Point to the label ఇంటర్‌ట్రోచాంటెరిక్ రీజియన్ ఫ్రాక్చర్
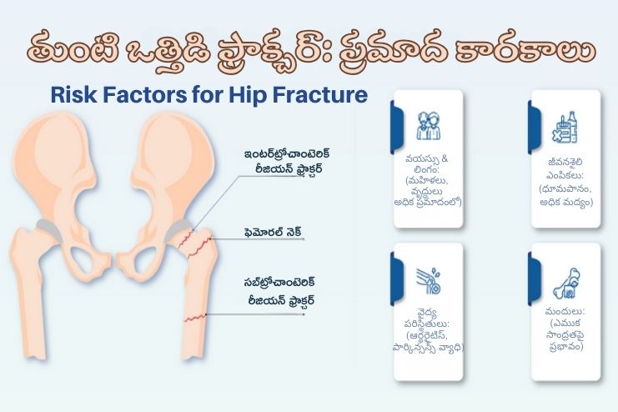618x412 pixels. pyautogui.click(x=279, y=160)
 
